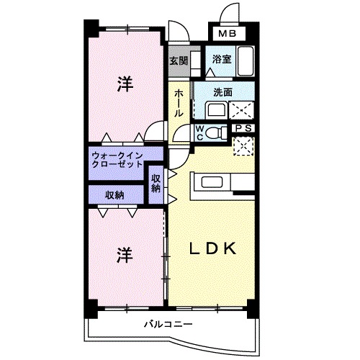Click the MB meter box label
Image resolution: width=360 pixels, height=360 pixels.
pyautogui.click(x=227, y=33)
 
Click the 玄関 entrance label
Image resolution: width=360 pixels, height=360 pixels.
pyautogui.click(x=178, y=61)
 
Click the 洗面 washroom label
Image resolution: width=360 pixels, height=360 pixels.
pyautogui.click(x=222, y=92)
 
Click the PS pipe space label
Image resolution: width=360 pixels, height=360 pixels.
pyautogui.click(x=243, y=129)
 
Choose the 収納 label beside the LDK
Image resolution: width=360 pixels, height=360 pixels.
pyautogui.click(x=156, y=183)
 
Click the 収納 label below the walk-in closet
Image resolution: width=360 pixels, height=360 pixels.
pyautogui.click(x=115, y=194)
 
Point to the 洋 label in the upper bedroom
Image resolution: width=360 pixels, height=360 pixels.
pyautogui.click(x=125, y=85)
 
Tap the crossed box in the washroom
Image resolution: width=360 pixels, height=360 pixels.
pyautogui.click(x=243, y=110)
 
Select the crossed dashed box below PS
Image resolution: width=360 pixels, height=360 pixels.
pyautogui.click(x=243, y=145)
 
